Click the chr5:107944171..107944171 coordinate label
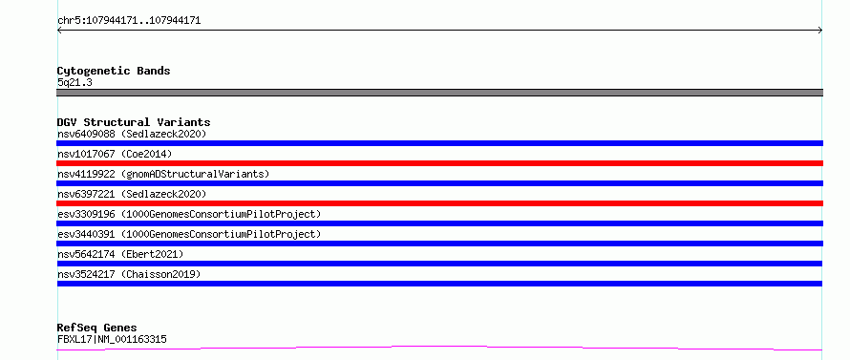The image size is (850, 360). coord(129,21)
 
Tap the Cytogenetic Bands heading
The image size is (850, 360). coord(114,71)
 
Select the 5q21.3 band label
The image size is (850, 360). coord(74,82)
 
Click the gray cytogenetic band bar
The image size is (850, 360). coord(439,93)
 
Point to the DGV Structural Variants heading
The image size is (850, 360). coord(134,122)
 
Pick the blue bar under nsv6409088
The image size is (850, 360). coord(439,143)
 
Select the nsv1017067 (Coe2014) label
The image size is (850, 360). coord(115,154)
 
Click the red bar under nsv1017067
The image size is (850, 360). coord(439,163)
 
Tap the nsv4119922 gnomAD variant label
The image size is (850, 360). coord(163,174)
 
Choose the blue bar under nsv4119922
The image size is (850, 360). coord(439,183)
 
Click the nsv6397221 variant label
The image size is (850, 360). coord(132,194)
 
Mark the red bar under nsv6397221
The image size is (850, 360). coord(439,203)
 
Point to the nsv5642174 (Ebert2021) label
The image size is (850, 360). coord(120,254)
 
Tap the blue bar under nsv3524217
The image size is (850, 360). coord(439,284)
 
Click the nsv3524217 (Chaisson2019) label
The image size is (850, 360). coord(129,274)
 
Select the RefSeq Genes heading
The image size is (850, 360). coord(97,328)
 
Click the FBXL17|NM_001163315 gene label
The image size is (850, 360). coord(112,340)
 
